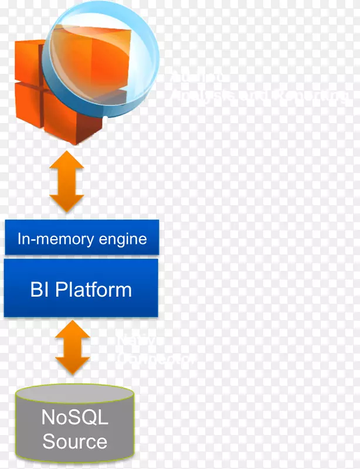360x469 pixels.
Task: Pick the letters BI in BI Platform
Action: click(x=40, y=290)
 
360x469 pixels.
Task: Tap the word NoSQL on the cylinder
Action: click(x=74, y=417)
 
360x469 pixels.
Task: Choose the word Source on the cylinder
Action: click(x=74, y=441)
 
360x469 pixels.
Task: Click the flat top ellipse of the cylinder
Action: click(x=74, y=392)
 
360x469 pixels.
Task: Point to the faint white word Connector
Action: click(x=155, y=359)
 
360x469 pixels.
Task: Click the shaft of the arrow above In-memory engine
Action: click(x=66, y=181)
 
